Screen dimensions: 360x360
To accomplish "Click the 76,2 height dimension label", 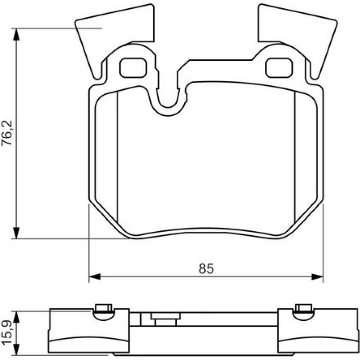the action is click(x=7, y=133).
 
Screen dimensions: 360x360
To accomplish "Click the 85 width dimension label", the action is click(x=206, y=268).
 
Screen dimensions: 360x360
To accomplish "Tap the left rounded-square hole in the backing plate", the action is click(x=133, y=68).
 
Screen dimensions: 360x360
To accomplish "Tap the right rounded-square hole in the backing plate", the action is click(x=279, y=68).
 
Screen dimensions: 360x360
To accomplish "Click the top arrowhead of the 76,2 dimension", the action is click(x=16, y=34).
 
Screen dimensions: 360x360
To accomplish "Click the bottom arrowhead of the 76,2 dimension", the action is click(x=16, y=233).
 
